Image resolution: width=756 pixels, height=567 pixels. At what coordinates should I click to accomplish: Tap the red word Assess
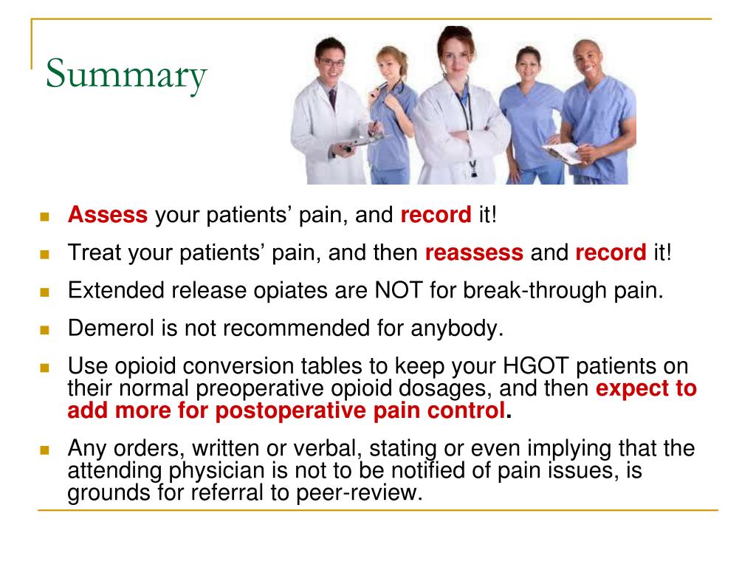[x=108, y=216]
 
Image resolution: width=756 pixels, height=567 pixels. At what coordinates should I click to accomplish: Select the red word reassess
[x=474, y=252]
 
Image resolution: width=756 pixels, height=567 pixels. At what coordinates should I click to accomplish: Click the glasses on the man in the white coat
[x=331, y=63]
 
